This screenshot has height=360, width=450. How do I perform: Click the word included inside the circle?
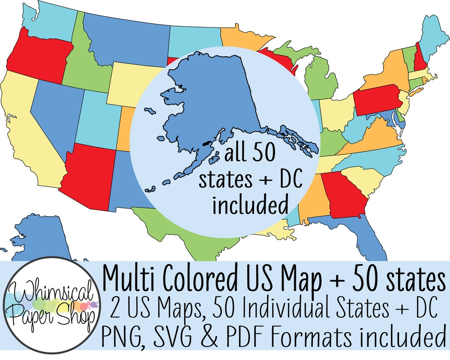(250, 205)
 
